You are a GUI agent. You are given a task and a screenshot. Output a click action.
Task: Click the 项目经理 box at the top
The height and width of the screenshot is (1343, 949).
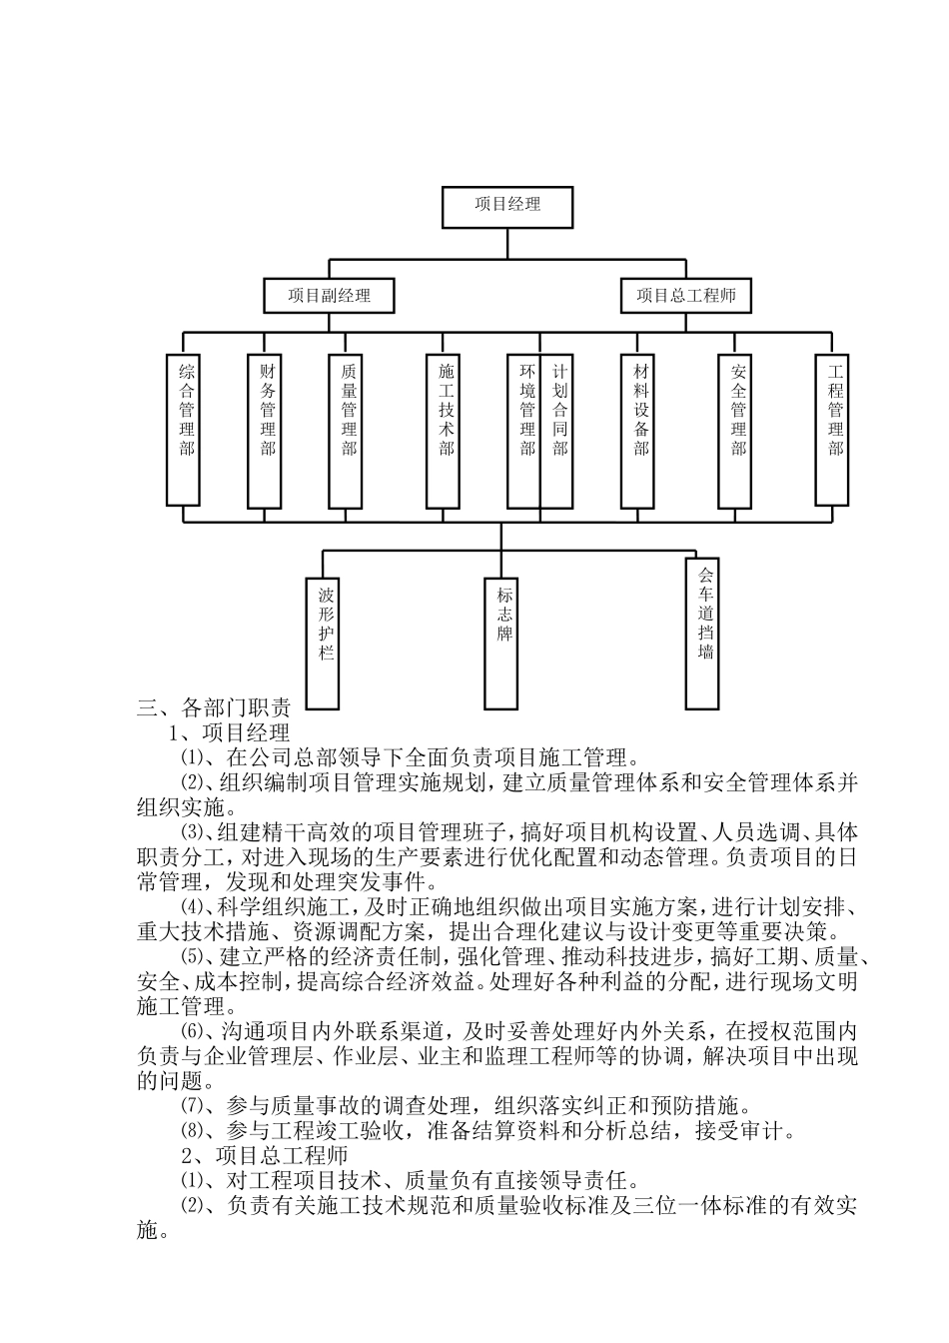point(507,205)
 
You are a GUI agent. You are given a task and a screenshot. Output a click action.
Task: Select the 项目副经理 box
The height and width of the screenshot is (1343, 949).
point(329,296)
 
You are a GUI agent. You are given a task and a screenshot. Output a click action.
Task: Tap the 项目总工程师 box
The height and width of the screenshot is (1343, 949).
point(686,296)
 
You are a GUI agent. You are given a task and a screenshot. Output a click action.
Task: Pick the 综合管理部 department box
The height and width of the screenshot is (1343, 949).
point(184,430)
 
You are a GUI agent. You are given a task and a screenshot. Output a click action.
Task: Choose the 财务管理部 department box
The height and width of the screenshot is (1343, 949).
point(266,430)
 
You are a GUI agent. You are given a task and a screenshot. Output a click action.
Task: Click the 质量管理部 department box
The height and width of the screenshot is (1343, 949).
point(347,430)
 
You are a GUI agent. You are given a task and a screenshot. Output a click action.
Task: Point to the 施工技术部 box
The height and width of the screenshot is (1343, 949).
point(445,430)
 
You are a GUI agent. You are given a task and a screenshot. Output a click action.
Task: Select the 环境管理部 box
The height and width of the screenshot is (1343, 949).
point(524,430)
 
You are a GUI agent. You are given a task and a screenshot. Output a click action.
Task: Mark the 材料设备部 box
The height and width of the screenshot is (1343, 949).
point(639,430)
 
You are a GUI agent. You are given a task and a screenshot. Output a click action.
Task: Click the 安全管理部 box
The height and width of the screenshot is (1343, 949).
point(736,430)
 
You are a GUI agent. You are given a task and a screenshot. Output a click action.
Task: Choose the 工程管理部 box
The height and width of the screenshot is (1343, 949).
point(834,430)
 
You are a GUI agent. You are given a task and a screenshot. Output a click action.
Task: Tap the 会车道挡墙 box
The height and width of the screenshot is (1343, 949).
point(703,633)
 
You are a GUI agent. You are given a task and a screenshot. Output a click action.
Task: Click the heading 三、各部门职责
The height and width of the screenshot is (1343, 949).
point(214,709)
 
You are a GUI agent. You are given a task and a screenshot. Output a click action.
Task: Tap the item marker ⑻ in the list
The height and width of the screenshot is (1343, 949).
point(190,1131)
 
